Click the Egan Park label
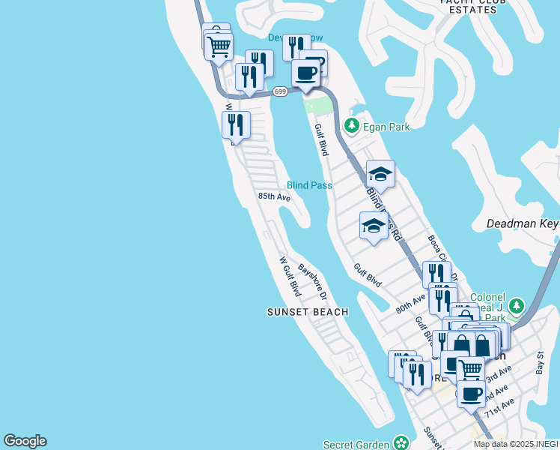[x=386, y=127]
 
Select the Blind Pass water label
[x=309, y=185]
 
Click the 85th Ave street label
[x=274, y=196]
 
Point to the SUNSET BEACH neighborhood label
[x=308, y=312]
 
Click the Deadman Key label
[x=523, y=223]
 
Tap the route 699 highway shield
[x=280, y=91]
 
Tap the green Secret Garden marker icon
[x=402, y=443]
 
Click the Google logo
[x=25, y=441]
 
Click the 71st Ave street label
[x=499, y=409]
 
